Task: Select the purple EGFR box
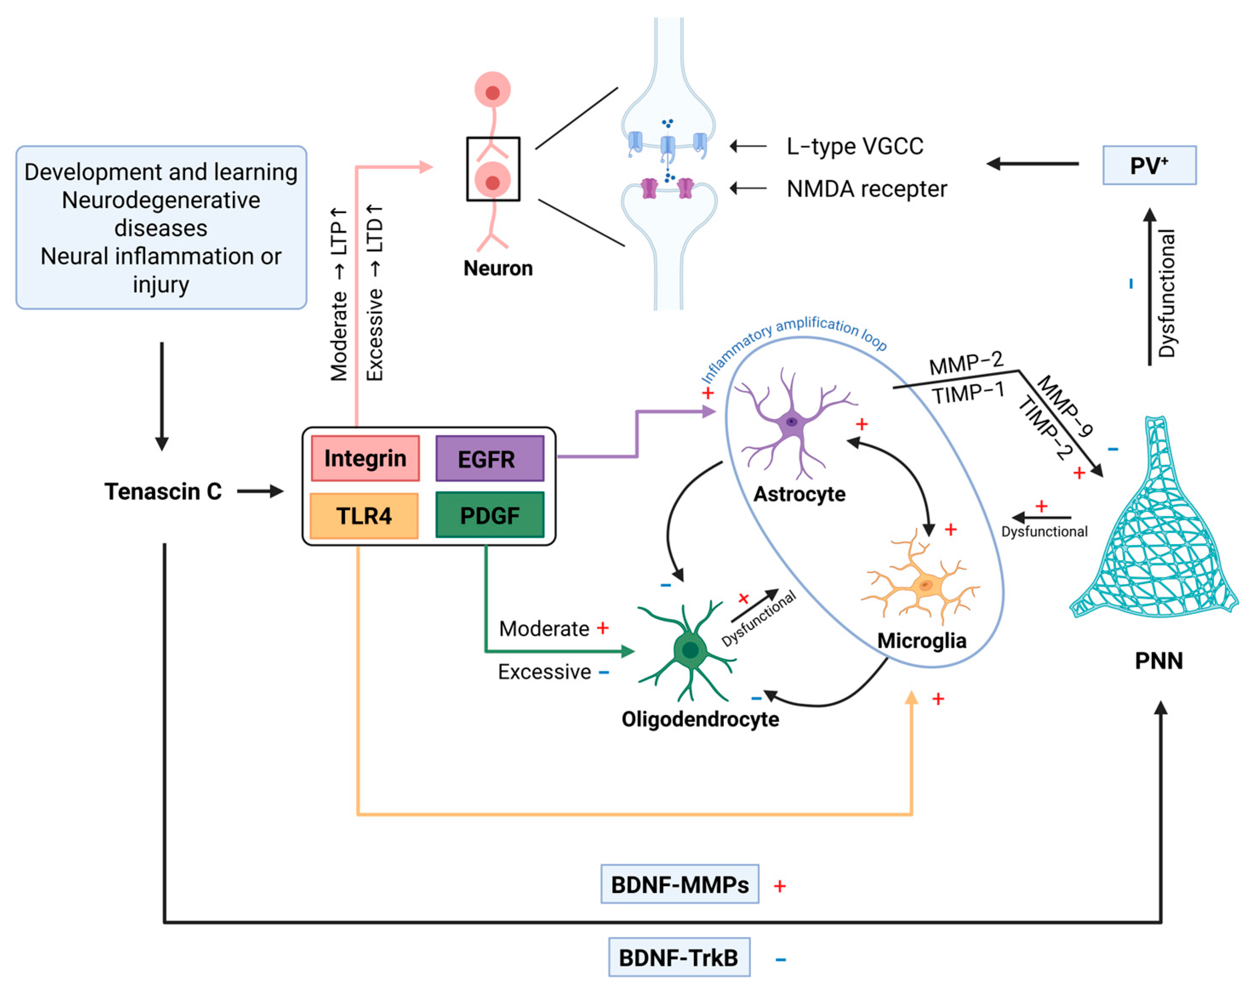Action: point(489,458)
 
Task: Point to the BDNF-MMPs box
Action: point(679,885)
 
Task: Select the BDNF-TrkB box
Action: point(678,958)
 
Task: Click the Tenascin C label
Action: point(163,492)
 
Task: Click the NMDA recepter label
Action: point(866,189)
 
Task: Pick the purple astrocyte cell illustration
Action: point(792,421)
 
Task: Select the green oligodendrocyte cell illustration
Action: point(688,650)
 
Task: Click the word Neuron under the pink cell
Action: point(497,268)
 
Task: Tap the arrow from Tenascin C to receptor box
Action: point(260,492)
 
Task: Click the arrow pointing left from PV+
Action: point(1032,164)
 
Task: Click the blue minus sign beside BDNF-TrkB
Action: point(781,960)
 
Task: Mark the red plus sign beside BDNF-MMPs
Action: point(779,886)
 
